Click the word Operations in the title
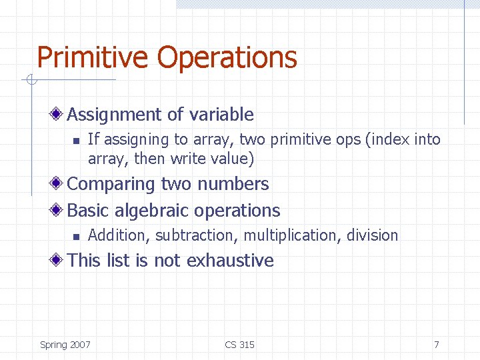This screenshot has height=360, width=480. pyautogui.click(x=227, y=57)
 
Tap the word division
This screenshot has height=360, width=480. pyautogui.click(x=373, y=235)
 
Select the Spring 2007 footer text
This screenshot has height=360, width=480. pyautogui.click(x=65, y=345)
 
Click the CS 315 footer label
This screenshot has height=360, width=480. pyautogui.click(x=239, y=345)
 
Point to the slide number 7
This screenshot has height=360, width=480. pyautogui.click(x=436, y=345)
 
